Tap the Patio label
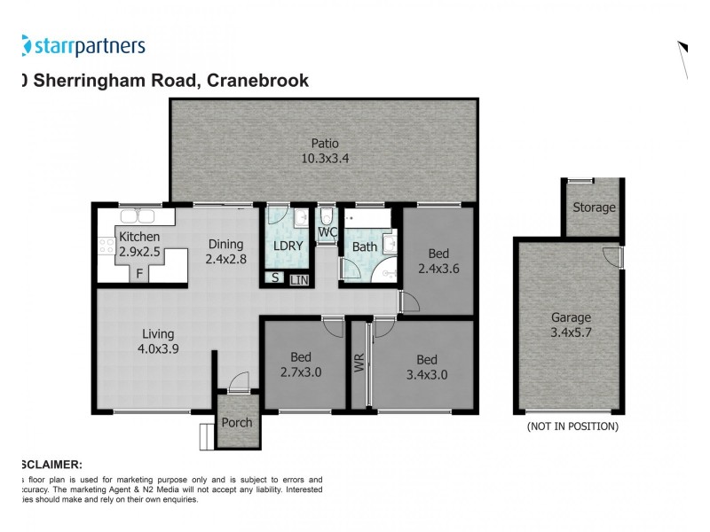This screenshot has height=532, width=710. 324,144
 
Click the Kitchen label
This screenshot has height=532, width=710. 139,237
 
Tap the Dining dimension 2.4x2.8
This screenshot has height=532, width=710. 225,260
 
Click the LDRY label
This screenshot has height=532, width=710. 288,246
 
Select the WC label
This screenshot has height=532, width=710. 327,233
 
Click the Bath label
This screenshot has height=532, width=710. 365,246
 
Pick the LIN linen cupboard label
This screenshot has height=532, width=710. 299,280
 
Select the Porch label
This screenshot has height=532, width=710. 237,422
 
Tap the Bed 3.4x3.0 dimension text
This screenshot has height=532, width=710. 426,374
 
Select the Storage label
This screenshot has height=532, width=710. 593,207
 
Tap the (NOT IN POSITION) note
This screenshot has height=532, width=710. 572,426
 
